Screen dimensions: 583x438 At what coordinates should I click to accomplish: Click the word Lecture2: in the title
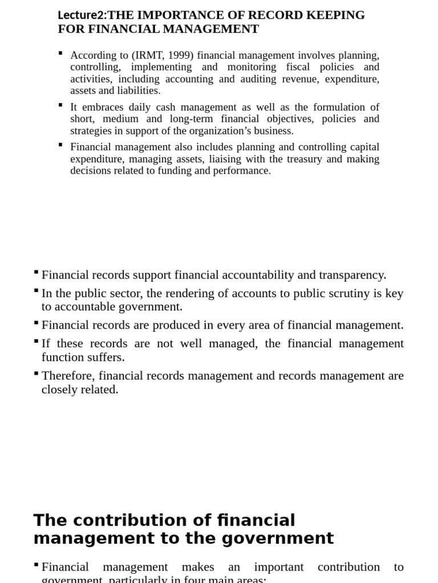coord(82,15)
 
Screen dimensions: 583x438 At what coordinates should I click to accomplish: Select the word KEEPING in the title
coord(338,15)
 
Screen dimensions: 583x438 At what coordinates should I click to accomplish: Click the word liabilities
coord(139,91)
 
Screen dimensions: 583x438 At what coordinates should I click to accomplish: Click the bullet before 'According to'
coord(60,53)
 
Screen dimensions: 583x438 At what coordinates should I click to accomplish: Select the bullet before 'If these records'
coord(36,342)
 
